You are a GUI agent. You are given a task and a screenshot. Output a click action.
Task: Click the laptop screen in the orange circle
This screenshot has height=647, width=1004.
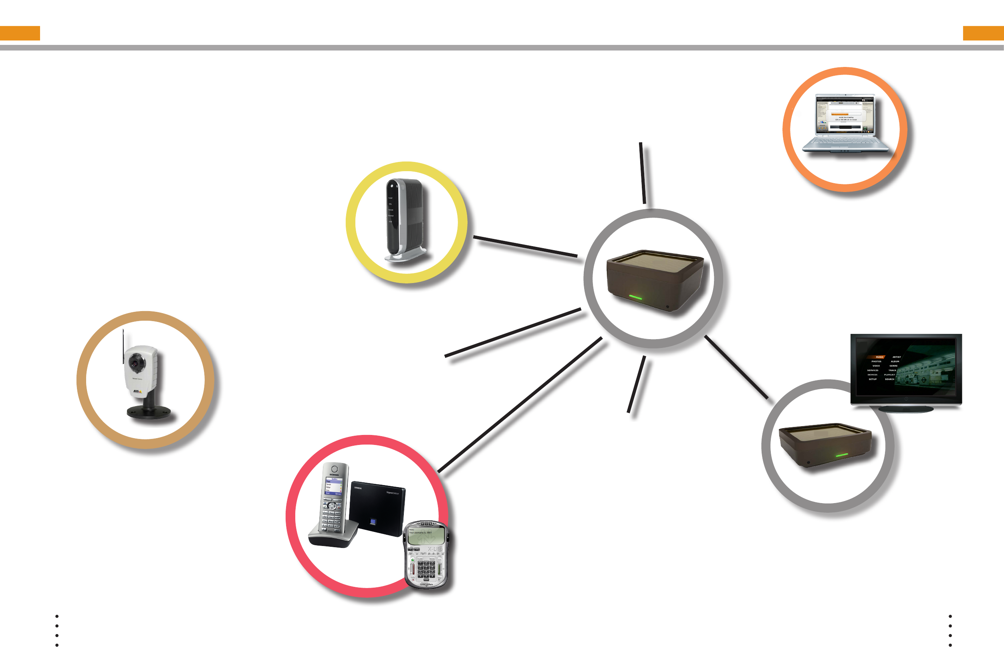(x=845, y=114)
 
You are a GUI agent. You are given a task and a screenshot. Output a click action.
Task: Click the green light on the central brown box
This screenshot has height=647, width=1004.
(x=635, y=297)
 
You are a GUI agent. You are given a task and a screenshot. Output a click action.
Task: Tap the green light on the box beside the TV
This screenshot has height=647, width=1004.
(x=841, y=455)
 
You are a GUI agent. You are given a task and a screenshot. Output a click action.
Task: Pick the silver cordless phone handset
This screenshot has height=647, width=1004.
(x=334, y=500)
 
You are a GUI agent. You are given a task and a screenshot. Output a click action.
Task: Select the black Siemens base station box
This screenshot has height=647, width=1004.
(x=377, y=508)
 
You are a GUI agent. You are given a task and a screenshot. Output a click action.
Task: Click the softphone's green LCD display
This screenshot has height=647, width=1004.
(x=426, y=536)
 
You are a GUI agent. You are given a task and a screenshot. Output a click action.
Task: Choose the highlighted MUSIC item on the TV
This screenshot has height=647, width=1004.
(x=879, y=357)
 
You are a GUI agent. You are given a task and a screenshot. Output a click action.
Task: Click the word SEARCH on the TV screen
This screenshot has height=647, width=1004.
(x=889, y=379)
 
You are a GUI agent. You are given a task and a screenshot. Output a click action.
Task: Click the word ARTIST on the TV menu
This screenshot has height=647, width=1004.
(x=897, y=357)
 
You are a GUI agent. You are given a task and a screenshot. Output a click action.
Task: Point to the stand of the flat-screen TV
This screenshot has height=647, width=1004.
(x=906, y=409)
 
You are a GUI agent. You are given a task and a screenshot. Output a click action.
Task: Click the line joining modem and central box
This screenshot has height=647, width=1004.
(x=525, y=246)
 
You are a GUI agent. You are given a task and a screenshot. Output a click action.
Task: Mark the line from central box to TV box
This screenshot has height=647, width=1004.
(x=736, y=367)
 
